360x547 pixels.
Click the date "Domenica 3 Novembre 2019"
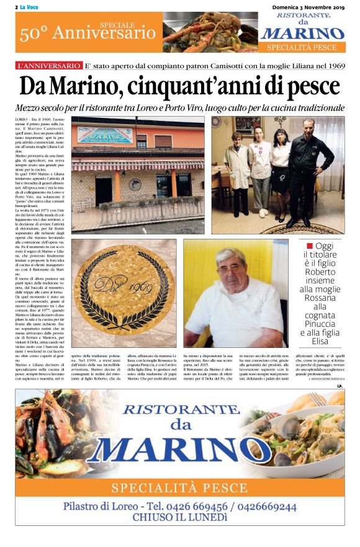click(x=308, y=6)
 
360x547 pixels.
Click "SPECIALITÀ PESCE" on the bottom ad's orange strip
click(x=180, y=486)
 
